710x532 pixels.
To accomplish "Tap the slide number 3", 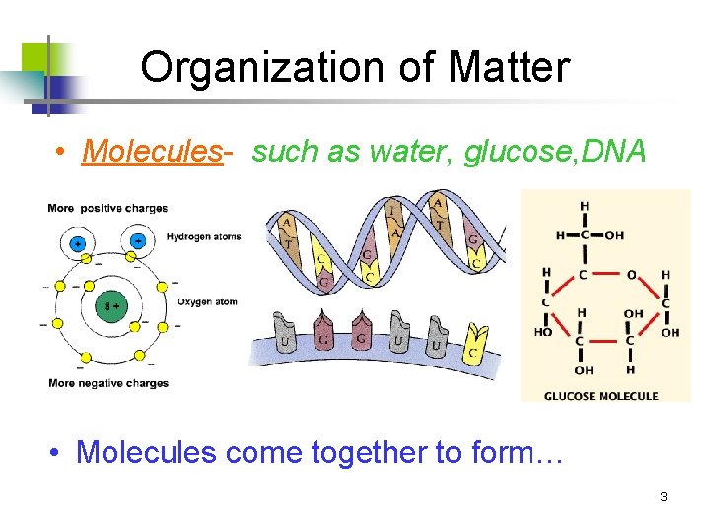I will click(x=663, y=497).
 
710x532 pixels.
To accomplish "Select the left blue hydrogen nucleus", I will click(x=78, y=241).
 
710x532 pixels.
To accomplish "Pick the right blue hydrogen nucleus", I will click(x=138, y=239).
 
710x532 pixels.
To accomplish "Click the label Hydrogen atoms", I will click(x=203, y=236).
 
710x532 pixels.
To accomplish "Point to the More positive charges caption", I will click(x=107, y=208).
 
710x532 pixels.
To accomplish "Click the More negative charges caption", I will click(x=108, y=383).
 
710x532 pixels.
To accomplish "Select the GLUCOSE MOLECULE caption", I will click(x=602, y=395).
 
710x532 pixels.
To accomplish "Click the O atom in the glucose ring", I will click(x=633, y=275).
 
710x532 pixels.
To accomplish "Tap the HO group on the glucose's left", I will click(x=542, y=333).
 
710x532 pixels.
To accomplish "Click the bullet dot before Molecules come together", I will click(x=60, y=452).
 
